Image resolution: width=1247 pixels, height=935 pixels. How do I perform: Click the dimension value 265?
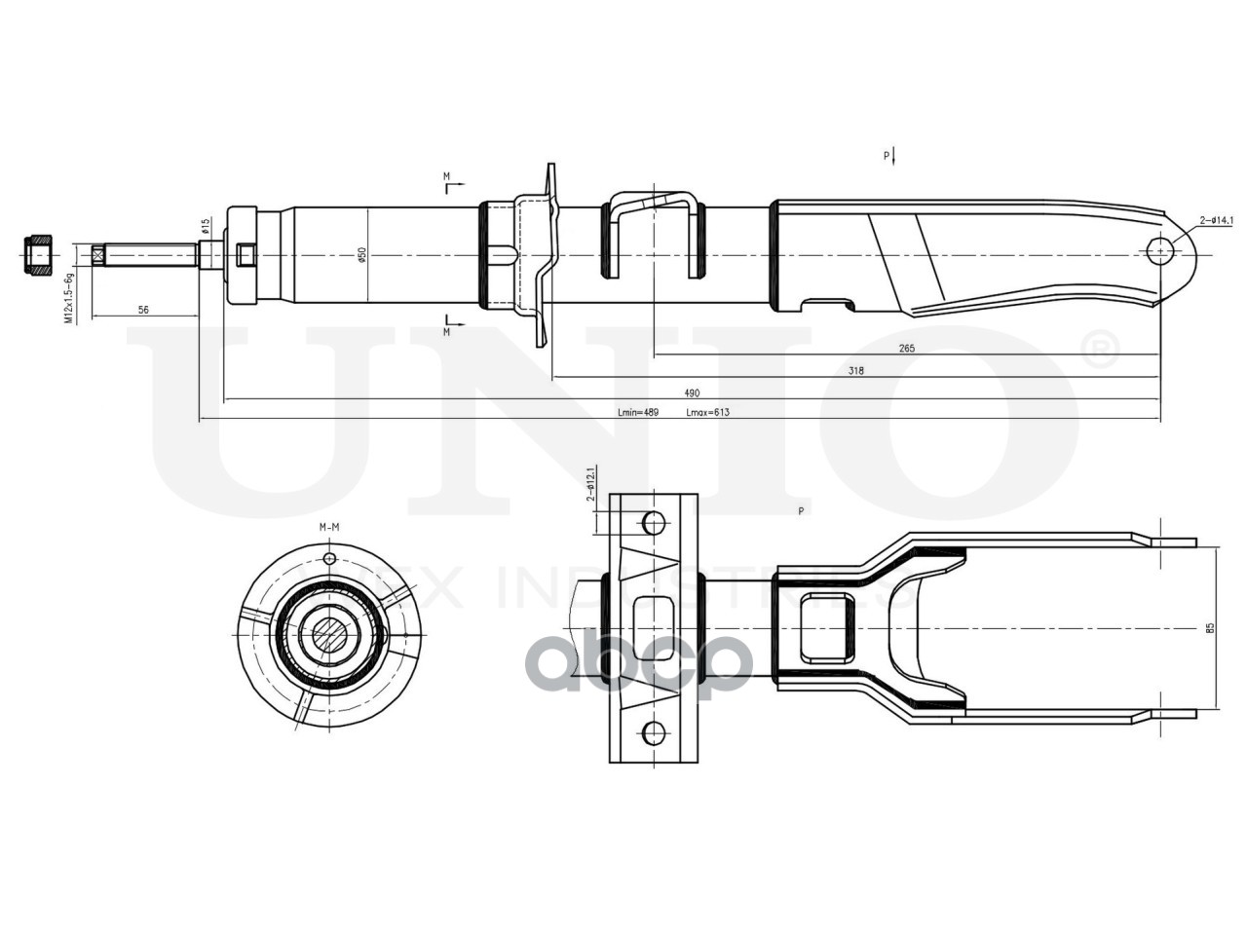pos(907,348)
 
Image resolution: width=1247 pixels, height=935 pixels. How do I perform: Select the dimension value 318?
pos(855,370)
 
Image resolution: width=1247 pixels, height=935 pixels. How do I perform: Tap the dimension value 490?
pos(691,393)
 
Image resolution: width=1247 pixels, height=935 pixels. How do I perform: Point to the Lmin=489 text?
pos(638,413)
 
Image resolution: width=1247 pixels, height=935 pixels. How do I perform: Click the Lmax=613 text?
pos(707,413)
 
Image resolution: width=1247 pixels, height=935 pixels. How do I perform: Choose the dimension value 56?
pos(143,310)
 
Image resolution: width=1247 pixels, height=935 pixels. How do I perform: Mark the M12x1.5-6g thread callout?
pos(69,297)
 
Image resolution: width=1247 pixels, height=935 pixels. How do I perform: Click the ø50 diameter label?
pos(361,254)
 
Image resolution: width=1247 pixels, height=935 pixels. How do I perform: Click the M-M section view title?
pos(329,527)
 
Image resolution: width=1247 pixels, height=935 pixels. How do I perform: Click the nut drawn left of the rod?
pos(39,254)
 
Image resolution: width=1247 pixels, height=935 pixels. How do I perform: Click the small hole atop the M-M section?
pos(329,559)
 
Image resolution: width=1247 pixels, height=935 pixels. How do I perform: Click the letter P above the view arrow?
pos(887,156)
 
